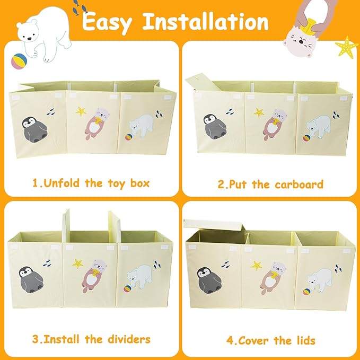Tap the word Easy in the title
coord(107,22)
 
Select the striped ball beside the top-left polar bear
coord(19,62)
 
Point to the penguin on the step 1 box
coord(34,129)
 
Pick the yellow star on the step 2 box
coord(259,112)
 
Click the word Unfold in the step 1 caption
coord(62,183)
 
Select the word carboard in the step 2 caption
coord(299,185)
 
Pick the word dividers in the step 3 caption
coord(129,339)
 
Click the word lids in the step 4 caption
coord(304,340)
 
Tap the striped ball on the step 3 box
coord(127,288)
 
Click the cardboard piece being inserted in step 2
coord(203,81)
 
